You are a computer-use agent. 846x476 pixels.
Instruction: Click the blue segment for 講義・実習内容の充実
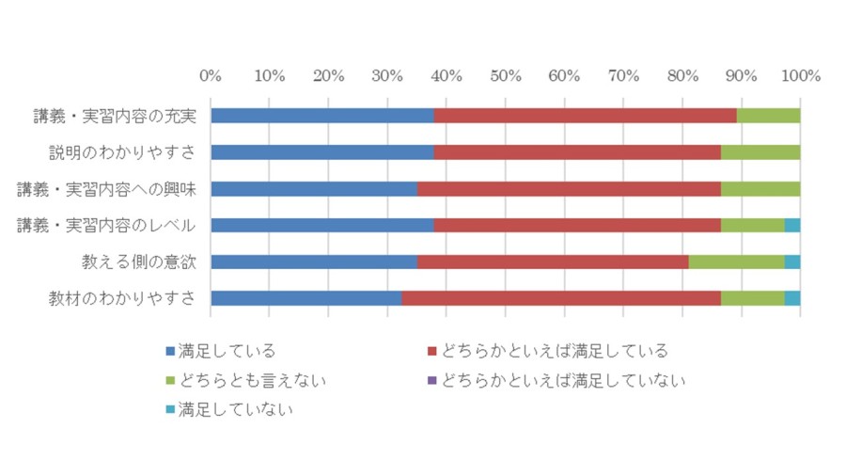(322, 116)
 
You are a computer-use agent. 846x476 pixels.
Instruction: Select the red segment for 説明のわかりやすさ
(577, 152)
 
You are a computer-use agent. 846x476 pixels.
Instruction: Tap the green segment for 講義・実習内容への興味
(760, 189)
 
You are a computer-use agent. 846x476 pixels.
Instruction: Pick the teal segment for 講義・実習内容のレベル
(792, 225)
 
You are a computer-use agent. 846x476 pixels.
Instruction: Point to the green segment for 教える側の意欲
(736, 262)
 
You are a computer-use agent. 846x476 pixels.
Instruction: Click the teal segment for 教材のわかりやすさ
(792, 298)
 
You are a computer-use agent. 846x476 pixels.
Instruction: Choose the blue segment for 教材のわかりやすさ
(306, 298)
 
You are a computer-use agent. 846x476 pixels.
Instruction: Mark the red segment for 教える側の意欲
(553, 262)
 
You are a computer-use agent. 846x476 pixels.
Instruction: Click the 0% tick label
(211, 75)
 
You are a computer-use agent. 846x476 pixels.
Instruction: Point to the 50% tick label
(506, 75)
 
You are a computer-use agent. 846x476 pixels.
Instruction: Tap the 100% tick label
(801, 75)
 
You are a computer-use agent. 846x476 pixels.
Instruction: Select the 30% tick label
(387, 75)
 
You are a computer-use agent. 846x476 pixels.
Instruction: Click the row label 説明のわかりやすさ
(122, 152)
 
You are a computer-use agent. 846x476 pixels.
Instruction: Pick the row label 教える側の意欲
(139, 262)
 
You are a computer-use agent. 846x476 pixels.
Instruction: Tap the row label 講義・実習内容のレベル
(106, 226)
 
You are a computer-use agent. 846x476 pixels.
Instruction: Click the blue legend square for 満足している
(170, 351)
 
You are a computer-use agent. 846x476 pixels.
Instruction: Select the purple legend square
(432, 380)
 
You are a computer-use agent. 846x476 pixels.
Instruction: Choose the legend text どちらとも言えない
(253, 381)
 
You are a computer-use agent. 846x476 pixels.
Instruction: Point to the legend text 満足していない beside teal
(236, 410)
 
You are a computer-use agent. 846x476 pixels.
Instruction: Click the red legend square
(432, 351)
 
